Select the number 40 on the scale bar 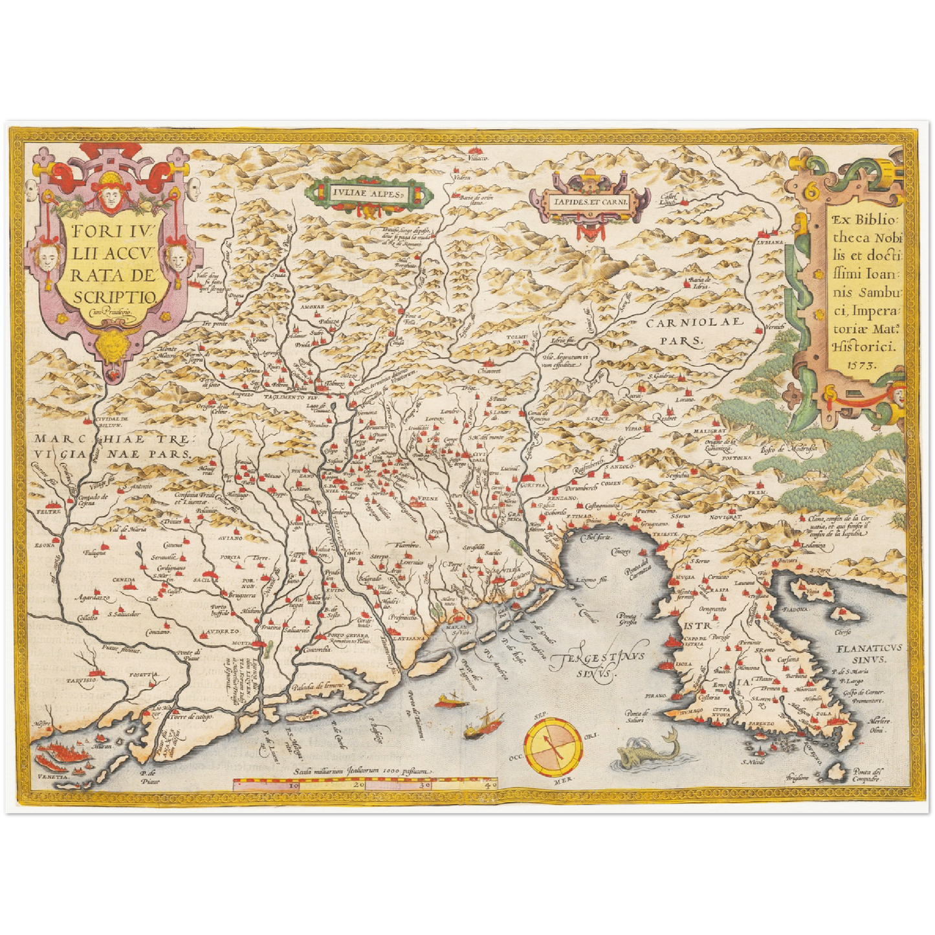pos(490,784)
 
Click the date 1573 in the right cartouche pos(861,364)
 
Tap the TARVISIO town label pos(81,681)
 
